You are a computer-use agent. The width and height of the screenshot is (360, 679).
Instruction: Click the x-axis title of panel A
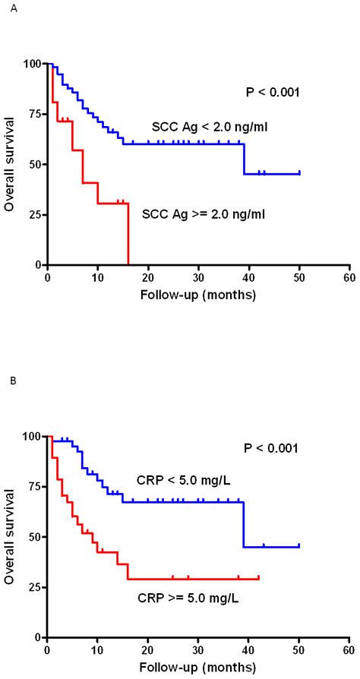coord(197,293)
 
